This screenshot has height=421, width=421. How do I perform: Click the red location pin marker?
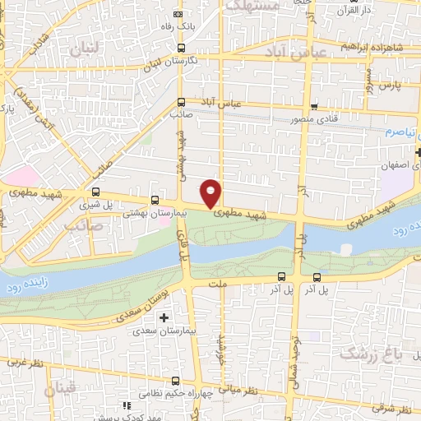point(211,192)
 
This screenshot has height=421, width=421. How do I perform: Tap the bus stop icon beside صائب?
point(181,103)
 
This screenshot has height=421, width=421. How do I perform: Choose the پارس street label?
point(397,85)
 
